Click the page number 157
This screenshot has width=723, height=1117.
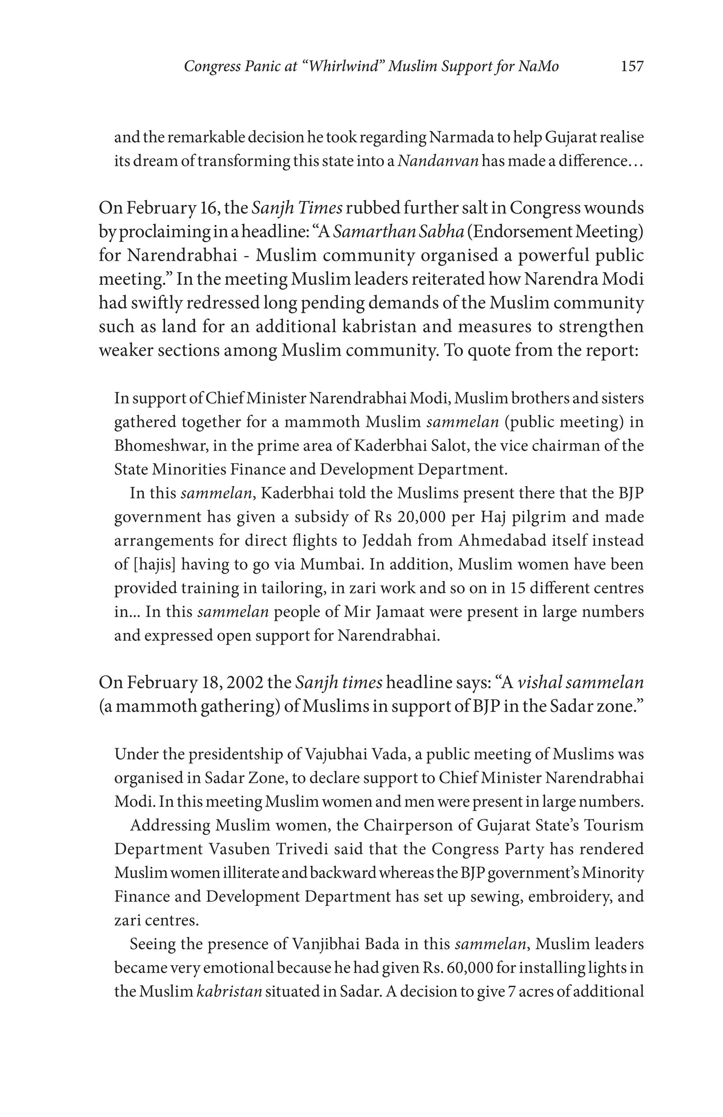pos(632,67)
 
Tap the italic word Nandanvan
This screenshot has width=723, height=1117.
pos(438,161)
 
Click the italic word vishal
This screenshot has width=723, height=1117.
pos(539,682)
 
